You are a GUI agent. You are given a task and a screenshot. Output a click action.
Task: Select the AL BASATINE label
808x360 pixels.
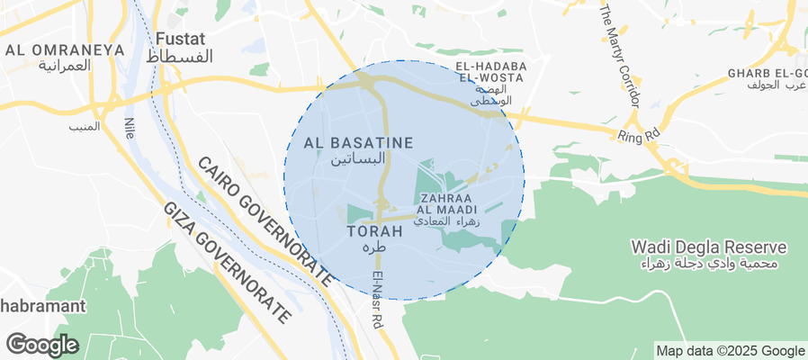pos(358,142)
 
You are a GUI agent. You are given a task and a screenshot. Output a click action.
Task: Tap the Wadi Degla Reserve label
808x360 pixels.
pos(709,247)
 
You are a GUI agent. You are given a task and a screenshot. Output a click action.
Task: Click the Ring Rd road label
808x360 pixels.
pos(639,136)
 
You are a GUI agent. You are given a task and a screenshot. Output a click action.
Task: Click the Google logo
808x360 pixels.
pos(41,344)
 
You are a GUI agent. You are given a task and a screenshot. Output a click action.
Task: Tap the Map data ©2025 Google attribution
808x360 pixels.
pos(730,351)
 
